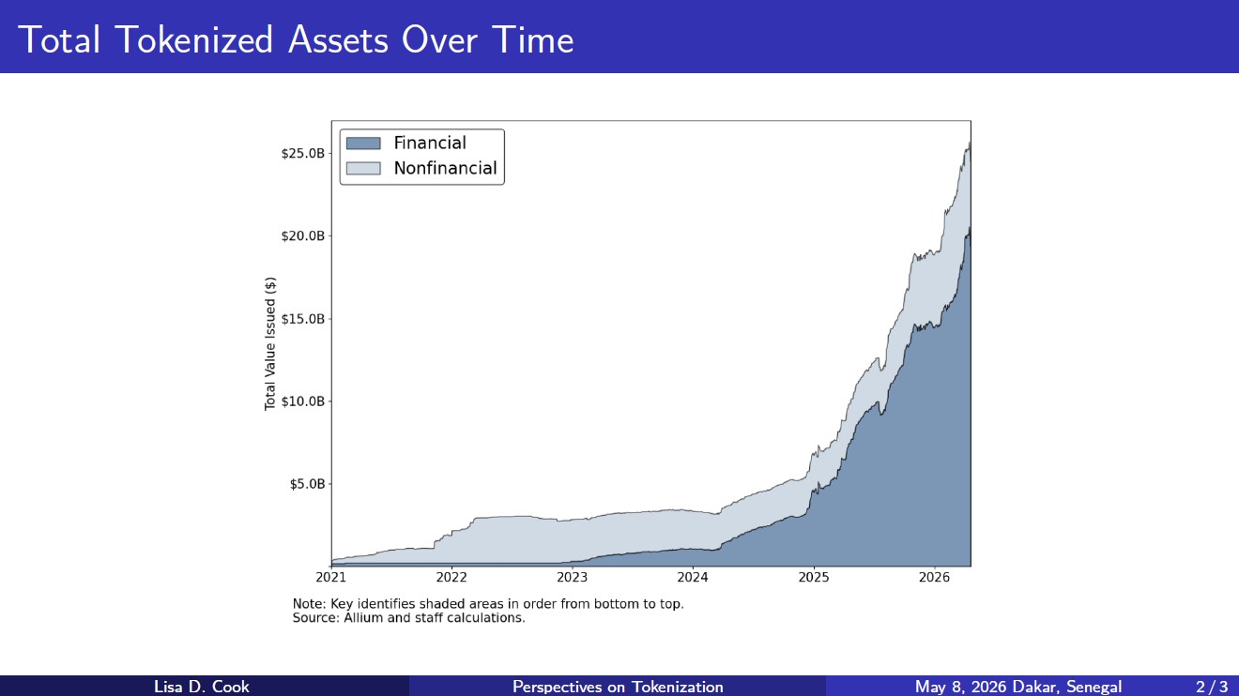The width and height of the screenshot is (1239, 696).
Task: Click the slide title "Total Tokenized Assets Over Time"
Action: tap(296, 39)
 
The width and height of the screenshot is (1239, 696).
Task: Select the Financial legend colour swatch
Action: tap(363, 144)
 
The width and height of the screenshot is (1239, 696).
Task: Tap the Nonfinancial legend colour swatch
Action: tap(363, 168)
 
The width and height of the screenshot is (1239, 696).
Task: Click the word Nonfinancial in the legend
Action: tap(445, 168)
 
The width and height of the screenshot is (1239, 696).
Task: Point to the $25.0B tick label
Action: tap(302, 153)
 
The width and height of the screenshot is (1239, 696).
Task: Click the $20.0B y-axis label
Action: tap(302, 236)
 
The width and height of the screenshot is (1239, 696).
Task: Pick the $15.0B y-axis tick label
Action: tap(302, 319)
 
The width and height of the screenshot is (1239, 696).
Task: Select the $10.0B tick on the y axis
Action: tap(302, 401)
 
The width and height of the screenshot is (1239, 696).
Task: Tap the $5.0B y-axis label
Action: tap(307, 484)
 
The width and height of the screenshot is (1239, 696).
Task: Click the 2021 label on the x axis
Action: tap(330, 577)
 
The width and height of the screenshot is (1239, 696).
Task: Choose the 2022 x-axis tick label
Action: tap(451, 577)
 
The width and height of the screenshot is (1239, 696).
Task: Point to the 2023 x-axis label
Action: tap(572, 577)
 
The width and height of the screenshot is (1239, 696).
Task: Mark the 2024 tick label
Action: tap(693, 577)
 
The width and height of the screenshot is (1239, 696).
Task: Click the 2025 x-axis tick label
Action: tap(814, 577)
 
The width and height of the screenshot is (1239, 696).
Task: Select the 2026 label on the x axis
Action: tap(934, 577)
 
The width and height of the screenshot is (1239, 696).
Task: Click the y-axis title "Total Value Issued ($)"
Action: tap(270, 344)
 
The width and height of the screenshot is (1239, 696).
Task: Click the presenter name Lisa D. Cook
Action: tap(201, 687)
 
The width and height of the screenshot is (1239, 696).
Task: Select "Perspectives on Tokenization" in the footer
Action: tap(618, 687)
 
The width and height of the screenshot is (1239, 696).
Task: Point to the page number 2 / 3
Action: tap(1212, 687)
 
